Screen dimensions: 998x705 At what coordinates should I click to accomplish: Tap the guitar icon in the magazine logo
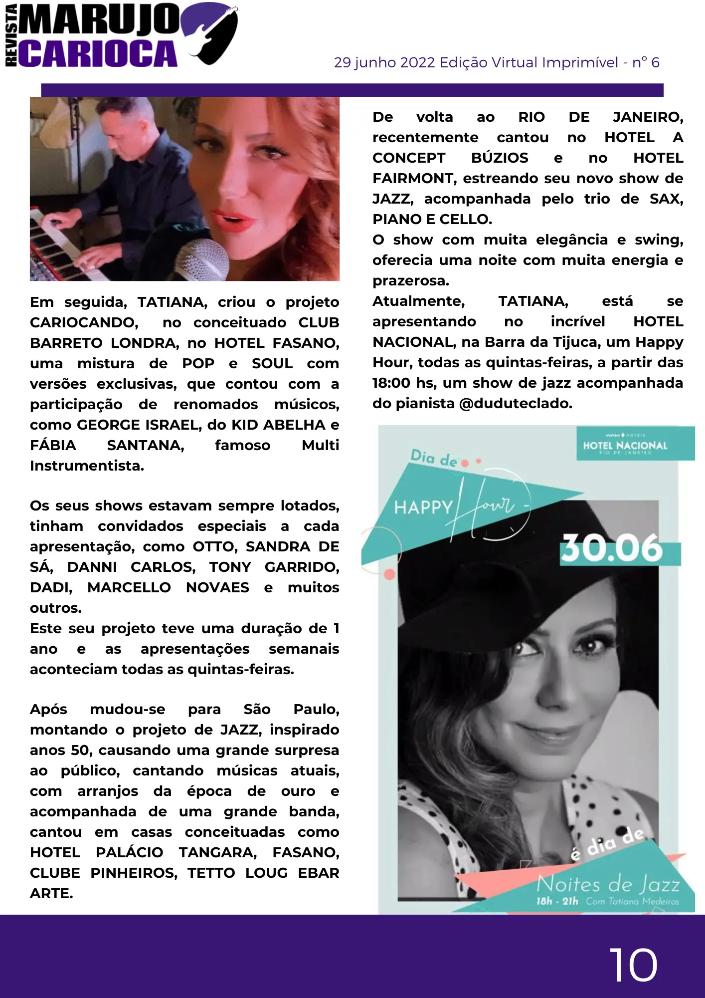(x=212, y=33)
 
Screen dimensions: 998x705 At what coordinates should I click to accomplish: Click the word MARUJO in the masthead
(x=100, y=20)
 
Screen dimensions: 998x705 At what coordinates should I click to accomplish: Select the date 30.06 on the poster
(x=612, y=548)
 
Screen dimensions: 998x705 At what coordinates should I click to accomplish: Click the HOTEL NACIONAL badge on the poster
(x=625, y=445)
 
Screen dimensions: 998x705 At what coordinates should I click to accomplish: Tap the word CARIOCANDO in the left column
(x=84, y=322)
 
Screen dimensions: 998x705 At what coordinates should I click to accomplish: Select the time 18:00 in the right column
(x=391, y=383)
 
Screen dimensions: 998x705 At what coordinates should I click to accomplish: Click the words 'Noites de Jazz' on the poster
(x=608, y=885)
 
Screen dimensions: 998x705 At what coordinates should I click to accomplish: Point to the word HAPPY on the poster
(x=423, y=507)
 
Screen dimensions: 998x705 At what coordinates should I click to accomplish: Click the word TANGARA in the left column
(x=217, y=852)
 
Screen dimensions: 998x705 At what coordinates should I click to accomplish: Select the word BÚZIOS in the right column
(x=500, y=158)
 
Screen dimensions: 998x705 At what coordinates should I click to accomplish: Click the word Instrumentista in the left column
(x=87, y=466)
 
